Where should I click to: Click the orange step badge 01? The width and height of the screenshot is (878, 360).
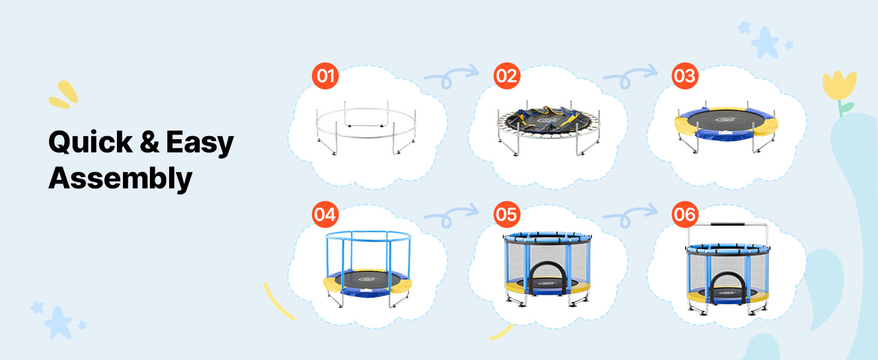tap(325, 76)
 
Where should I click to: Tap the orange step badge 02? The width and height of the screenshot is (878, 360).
tap(507, 76)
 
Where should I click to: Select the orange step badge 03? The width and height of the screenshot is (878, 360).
tap(685, 76)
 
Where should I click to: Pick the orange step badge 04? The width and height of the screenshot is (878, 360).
tap(325, 215)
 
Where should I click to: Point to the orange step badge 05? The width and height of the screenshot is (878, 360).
tap(507, 215)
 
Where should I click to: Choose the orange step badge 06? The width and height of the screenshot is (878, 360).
tap(685, 215)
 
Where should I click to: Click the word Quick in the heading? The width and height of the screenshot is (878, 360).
tap(91, 142)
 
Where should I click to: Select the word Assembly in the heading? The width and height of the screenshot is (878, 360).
tap(121, 179)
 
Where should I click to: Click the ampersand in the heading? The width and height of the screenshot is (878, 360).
tap(149, 142)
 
